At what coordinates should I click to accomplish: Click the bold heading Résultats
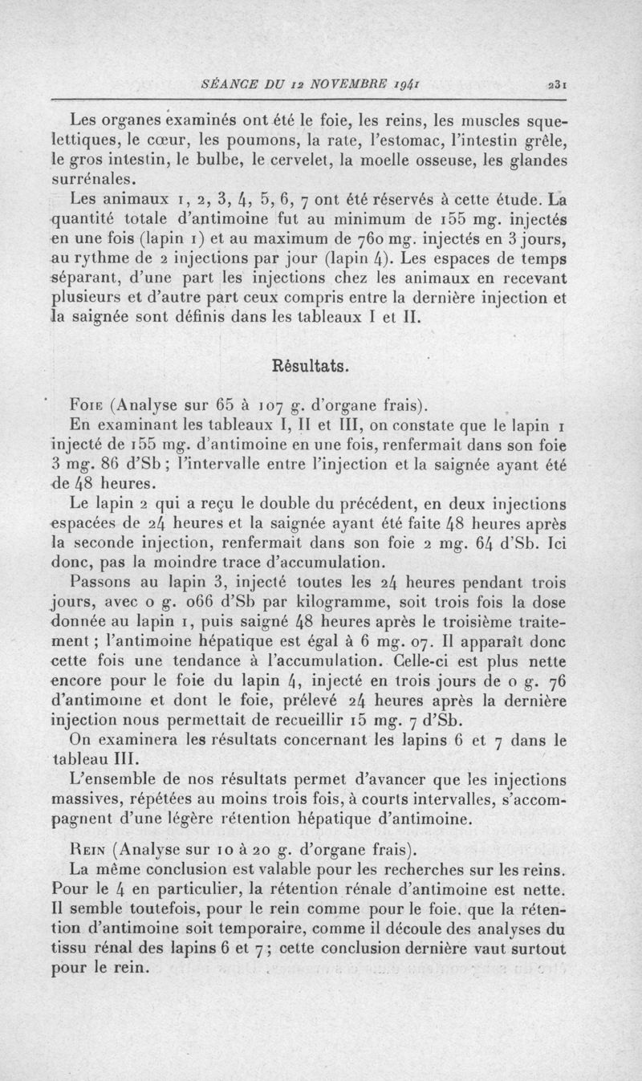pyautogui.click(x=311, y=366)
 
